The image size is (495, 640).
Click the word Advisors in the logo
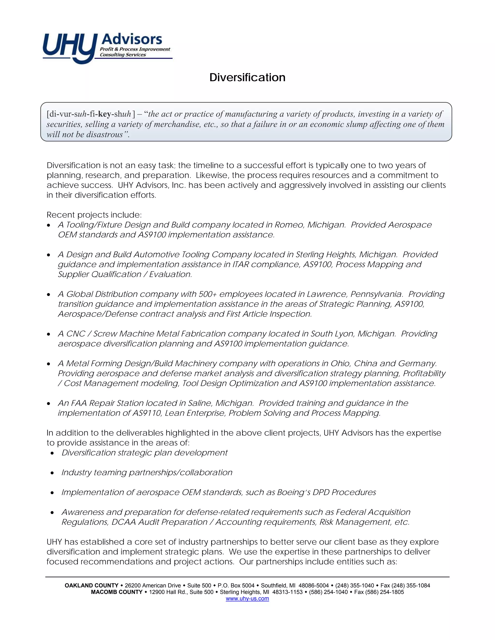131,39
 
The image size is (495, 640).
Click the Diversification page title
247,77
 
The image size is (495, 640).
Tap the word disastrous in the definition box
106,135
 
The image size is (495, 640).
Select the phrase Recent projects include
94,215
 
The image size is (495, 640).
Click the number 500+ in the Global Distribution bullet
208,294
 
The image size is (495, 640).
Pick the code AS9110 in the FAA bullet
147,413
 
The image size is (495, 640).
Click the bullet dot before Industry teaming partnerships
52,473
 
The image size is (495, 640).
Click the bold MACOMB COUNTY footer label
117,592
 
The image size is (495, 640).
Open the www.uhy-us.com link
247,598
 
